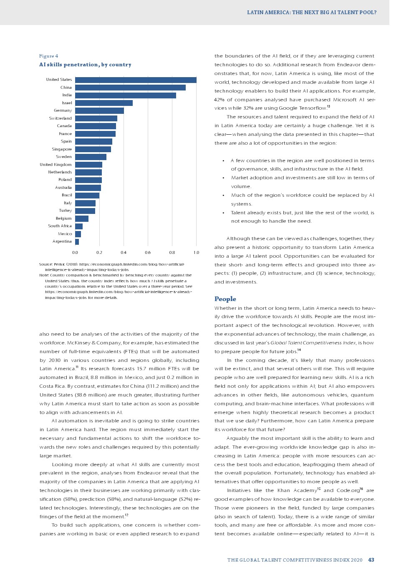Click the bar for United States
[x=136, y=80]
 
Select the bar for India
[x=125, y=95]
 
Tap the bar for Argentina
[x=77, y=242]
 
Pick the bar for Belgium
[x=82, y=218]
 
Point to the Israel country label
[x=67, y=103]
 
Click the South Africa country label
[x=60, y=226]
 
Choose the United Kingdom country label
[x=56, y=165]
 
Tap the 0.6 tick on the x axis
[x=148, y=253]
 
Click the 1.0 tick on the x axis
[x=196, y=253]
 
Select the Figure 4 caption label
[x=48, y=56]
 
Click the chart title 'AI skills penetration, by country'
[x=85, y=65]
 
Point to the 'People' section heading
[x=225, y=299]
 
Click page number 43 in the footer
[x=371, y=560]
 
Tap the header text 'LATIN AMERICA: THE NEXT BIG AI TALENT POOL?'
[x=311, y=13]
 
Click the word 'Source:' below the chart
[x=46, y=264]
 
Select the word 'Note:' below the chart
[x=44, y=275]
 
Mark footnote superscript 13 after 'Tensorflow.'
[x=328, y=107]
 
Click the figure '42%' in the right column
[x=219, y=100]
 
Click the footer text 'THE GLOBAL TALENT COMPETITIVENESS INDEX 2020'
[x=295, y=560]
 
